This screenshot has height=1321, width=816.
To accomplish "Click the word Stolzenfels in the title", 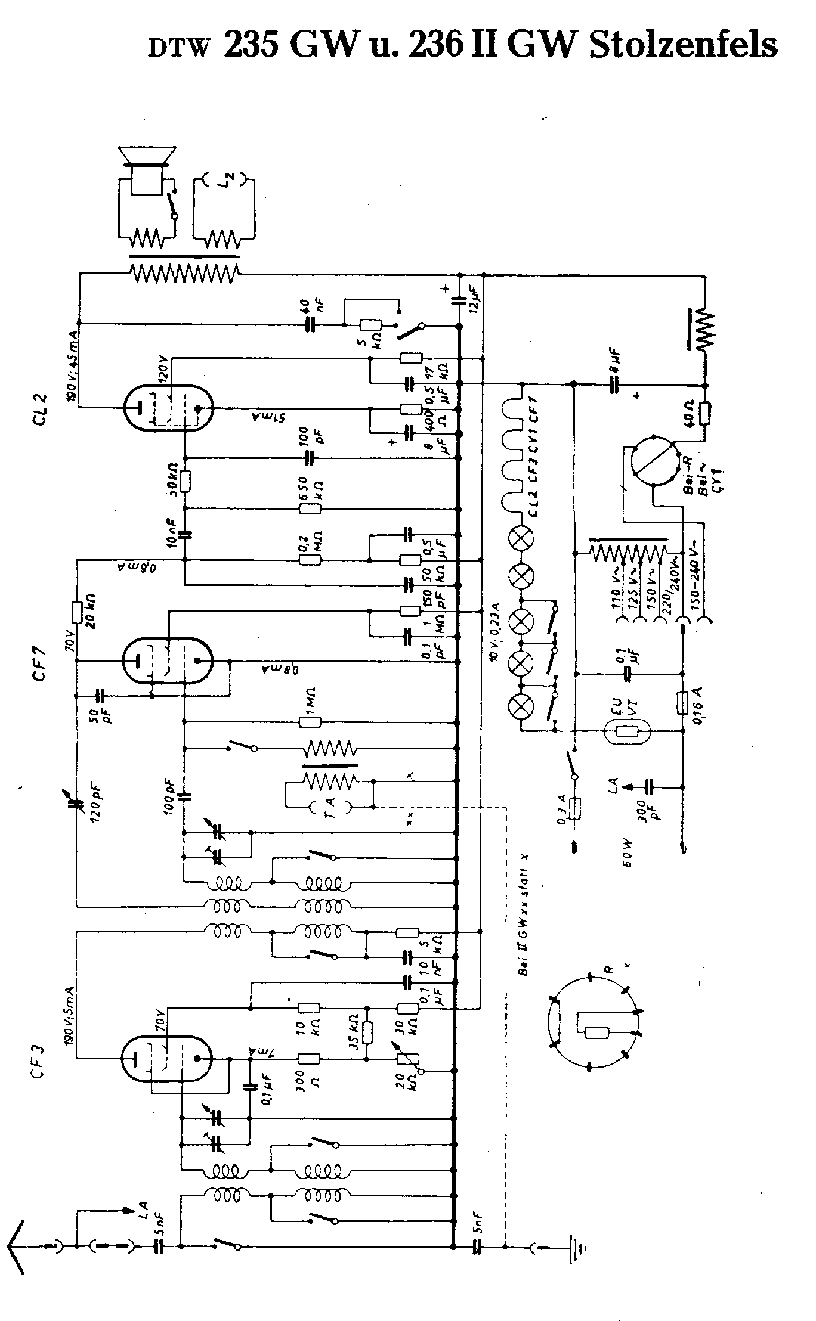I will coord(684,45).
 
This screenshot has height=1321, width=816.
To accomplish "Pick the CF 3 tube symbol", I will coord(166,1059).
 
